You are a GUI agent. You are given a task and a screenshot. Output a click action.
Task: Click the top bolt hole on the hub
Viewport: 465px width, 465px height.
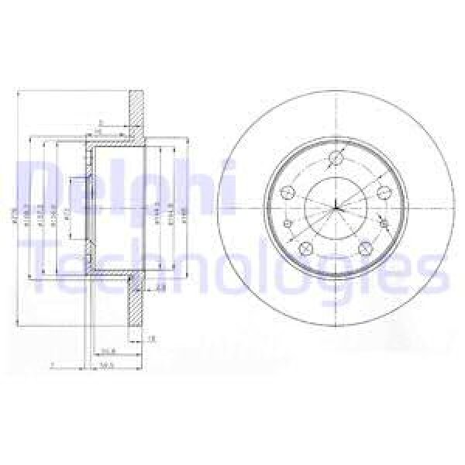click(336, 160)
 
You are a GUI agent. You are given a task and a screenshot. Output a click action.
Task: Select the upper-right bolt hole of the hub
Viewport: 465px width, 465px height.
click(382, 194)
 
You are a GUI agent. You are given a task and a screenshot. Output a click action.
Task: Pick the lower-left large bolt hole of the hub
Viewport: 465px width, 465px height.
click(305, 248)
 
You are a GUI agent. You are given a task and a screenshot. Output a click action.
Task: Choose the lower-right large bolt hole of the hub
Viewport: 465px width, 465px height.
click(367, 248)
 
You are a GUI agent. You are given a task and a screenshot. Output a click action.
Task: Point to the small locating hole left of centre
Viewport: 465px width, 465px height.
click(287, 225)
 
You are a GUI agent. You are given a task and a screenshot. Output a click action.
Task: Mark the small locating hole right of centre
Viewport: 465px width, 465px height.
click(384, 224)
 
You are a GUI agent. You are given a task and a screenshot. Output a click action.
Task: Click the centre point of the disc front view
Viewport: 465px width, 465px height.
click(336, 207)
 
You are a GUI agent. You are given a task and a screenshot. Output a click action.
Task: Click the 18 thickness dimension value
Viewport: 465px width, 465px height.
click(150, 339)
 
